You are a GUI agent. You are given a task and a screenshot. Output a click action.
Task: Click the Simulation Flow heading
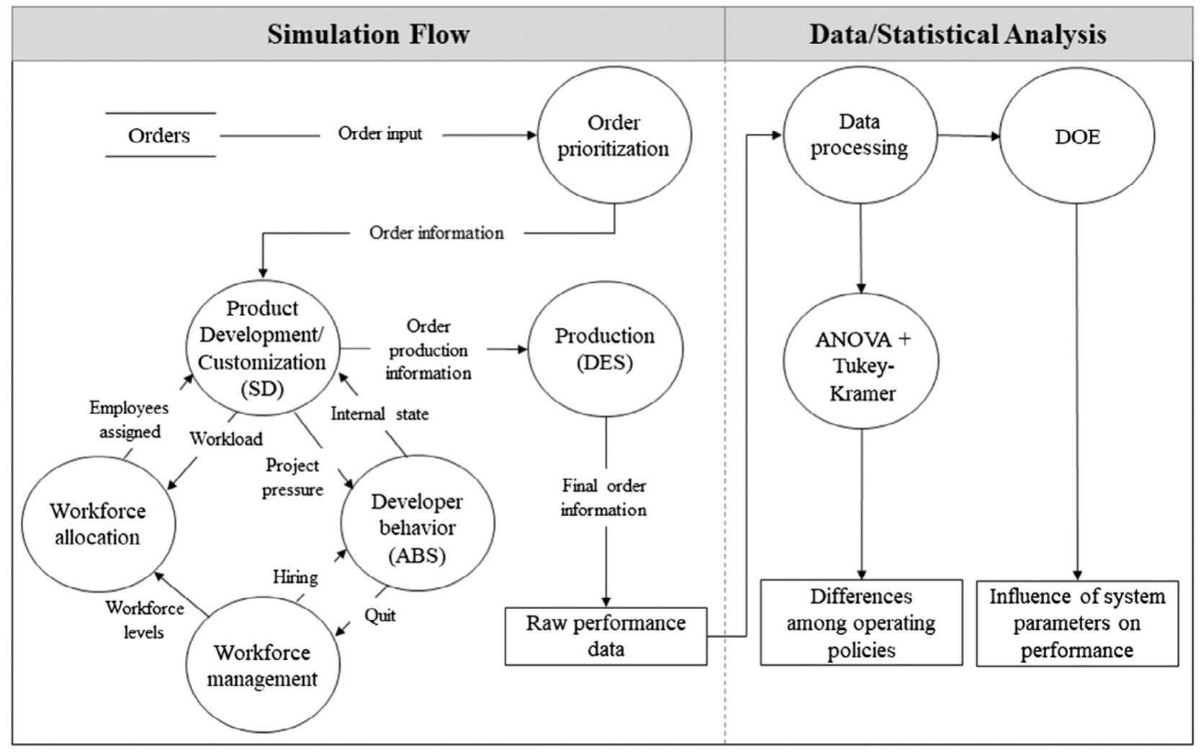(x=368, y=35)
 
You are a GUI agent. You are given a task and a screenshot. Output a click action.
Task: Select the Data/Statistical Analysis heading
(x=957, y=35)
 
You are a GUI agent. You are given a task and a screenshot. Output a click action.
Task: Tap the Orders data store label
(x=159, y=135)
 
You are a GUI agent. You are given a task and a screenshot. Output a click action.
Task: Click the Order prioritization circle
(x=613, y=135)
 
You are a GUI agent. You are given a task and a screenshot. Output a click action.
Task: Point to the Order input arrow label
(x=380, y=134)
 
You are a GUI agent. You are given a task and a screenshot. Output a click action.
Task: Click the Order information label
(x=436, y=233)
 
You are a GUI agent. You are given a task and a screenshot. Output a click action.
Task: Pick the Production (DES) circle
(x=605, y=349)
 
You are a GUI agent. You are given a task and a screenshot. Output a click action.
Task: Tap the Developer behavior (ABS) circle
(x=417, y=528)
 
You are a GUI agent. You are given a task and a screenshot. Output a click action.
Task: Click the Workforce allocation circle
(x=98, y=524)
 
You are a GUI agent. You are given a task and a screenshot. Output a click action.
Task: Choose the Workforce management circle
(x=262, y=665)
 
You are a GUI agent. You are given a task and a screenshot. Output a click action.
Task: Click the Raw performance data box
(x=606, y=636)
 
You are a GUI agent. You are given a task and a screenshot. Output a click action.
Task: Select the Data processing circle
(x=859, y=135)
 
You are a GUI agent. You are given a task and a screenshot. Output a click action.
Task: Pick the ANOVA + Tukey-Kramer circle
(x=861, y=366)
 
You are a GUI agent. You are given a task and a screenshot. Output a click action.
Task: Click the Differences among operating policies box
(x=861, y=623)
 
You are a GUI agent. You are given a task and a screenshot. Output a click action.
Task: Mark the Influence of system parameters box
(x=1077, y=623)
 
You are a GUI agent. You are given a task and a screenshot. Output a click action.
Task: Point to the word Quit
(x=379, y=616)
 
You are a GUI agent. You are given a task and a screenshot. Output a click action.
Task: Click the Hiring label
(x=295, y=577)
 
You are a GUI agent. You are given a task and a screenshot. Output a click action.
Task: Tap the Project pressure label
(x=292, y=477)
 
